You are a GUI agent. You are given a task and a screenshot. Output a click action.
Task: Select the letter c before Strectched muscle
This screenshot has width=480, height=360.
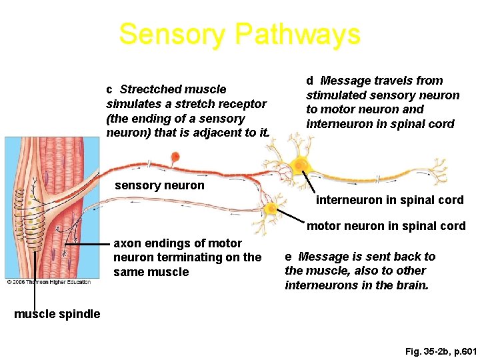109,89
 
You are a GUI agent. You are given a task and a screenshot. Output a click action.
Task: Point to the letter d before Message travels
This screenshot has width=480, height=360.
310,81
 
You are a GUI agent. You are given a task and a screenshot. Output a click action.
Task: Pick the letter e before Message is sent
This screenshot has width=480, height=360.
288,257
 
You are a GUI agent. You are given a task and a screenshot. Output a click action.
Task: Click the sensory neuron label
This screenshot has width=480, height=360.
159,185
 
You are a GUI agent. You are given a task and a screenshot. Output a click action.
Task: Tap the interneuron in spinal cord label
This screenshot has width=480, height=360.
389,200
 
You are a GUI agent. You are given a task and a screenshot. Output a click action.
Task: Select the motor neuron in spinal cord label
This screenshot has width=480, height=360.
386,226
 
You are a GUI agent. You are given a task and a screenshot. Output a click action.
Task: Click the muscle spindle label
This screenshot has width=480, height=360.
57,313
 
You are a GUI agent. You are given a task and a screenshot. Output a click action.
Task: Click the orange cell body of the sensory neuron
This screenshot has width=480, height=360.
175,157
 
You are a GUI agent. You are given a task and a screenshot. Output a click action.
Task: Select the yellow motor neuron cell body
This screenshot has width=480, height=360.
271,209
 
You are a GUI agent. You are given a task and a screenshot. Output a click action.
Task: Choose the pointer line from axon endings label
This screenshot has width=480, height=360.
87,245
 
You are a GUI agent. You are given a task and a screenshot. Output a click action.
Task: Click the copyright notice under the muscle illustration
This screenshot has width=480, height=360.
48,282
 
